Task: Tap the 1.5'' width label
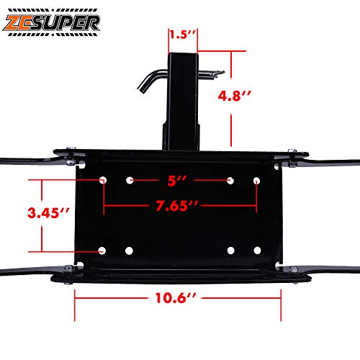pyautogui.click(x=182, y=34)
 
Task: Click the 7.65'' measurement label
pyautogui.click(x=176, y=206)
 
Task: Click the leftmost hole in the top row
pyautogui.click(x=103, y=179)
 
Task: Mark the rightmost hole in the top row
pyautogui.click(x=256, y=179)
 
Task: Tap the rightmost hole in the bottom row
pyautogui.click(x=257, y=251)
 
